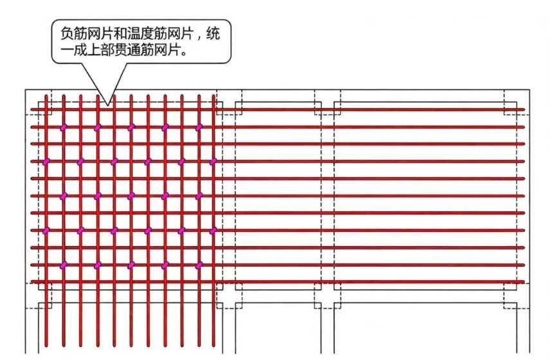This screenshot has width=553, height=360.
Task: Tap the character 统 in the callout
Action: (x=213, y=34)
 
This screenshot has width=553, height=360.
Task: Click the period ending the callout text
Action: (x=183, y=53)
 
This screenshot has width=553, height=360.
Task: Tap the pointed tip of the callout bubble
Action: (x=108, y=105)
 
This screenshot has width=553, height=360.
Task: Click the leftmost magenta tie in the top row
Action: (x=63, y=127)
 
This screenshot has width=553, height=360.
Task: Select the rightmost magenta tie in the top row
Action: (x=199, y=127)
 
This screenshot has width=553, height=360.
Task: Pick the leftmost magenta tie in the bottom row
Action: (x=63, y=265)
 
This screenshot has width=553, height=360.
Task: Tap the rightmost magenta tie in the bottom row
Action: (x=199, y=265)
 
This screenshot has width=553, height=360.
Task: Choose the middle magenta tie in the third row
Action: (x=131, y=196)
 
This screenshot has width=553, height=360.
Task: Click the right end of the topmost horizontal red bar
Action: (x=524, y=110)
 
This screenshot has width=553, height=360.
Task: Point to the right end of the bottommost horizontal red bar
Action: (x=524, y=282)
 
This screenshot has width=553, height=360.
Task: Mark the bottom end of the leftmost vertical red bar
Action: (x=46, y=346)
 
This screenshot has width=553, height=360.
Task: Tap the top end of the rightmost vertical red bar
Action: (x=213, y=96)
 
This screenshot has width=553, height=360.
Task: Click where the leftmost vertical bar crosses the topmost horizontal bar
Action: (x=46, y=110)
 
